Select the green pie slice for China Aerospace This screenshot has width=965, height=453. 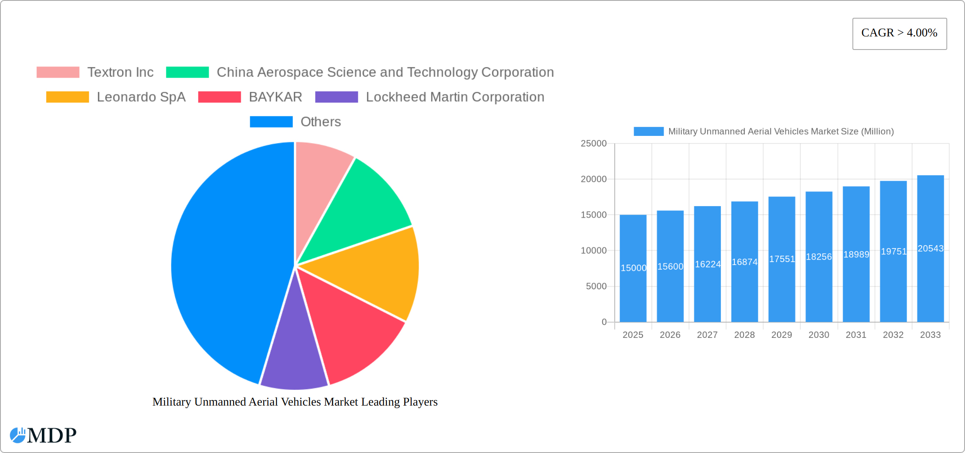tap(364, 207)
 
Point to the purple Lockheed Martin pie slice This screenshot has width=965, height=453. tap(294, 356)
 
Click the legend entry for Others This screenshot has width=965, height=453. tap(320, 122)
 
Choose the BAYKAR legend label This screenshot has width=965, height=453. tap(275, 97)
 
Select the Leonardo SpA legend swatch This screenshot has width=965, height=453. tap(67, 97)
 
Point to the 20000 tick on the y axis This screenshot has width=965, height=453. tap(593, 179)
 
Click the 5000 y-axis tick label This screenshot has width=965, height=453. tap(596, 286)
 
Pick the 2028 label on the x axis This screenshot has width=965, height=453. tap(744, 335)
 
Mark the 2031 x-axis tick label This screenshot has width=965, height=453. tap(856, 335)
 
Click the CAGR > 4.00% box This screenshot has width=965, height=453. tap(899, 33)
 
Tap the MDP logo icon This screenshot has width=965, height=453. tap(18, 435)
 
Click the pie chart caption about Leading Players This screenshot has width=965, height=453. tap(295, 402)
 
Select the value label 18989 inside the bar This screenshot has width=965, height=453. tap(856, 254)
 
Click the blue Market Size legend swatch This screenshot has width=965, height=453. tap(648, 131)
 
